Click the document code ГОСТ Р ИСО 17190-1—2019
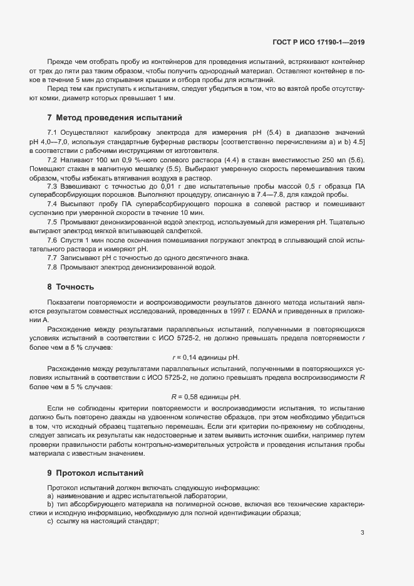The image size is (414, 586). point(319,43)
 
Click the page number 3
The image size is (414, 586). point(363,533)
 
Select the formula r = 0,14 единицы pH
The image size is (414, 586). point(205,357)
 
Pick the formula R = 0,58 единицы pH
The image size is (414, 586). point(205,397)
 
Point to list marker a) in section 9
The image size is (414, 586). point(50,496)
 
